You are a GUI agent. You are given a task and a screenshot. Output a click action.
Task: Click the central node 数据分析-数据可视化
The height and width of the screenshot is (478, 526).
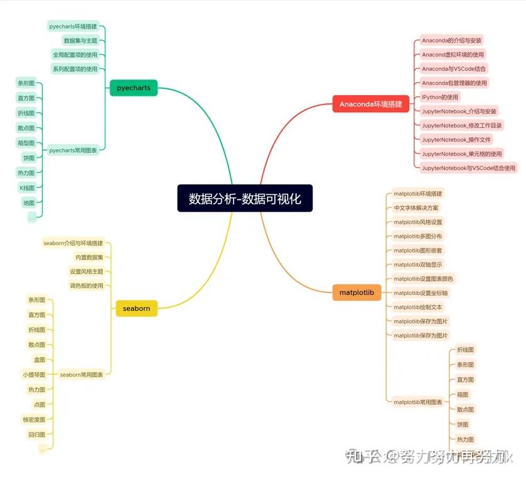click(x=245, y=199)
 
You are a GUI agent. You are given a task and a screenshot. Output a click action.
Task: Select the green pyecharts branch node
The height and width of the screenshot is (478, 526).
click(x=134, y=88)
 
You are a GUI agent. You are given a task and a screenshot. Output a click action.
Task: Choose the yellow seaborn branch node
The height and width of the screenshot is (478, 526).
click(x=136, y=308)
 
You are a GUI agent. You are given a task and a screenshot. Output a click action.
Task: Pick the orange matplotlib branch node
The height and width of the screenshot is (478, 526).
click(x=357, y=293)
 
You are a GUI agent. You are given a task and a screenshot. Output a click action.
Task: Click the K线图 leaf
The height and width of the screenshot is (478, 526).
click(x=26, y=187)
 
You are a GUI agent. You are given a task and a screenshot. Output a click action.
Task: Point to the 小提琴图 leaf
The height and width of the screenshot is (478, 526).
click(x=34, y=375)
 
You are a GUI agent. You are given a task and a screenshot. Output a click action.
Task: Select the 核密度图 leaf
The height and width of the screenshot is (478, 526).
click(x=34, y=419)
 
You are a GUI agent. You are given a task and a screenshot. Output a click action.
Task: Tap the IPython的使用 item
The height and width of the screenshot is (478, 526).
click(x=440, y=97)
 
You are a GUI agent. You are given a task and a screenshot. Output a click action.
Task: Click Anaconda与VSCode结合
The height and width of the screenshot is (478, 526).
click(x=454, y=69)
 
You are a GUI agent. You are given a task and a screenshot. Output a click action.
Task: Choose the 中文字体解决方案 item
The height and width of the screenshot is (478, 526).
click(x=416, y=208)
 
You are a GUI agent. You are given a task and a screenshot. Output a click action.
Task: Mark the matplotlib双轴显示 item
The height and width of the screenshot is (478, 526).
click(x=417, y=264)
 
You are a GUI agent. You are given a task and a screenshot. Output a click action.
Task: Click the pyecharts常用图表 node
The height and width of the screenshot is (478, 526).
click(x=73, y=150)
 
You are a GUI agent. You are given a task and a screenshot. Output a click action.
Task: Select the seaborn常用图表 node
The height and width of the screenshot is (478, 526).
click(x=82, y=375)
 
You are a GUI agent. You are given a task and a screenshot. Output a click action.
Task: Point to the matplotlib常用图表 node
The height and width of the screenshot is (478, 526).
click(x=417, y=402)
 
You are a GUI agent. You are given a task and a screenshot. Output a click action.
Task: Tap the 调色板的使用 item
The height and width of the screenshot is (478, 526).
click(x=86, y=286)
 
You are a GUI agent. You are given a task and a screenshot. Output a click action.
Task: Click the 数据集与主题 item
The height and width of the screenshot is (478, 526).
click(x=80, y=41)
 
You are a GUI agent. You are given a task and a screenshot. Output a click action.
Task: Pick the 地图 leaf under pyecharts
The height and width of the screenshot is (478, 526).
click(x=28, y=202)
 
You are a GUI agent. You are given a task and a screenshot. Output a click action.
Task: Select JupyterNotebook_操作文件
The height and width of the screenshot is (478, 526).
click(x=456, y=140)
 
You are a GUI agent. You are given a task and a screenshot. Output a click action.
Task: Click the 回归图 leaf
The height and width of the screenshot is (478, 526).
click(x=36, y=434)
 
